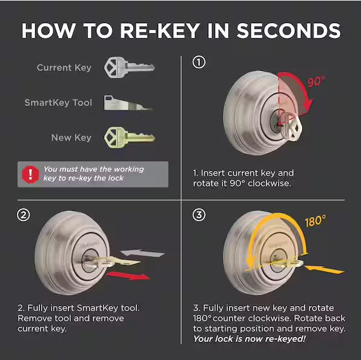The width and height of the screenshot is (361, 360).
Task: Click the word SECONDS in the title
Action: pyautogui.click(x=288, y=31)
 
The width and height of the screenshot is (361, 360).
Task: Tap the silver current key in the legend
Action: pyautogui.click(x=130, y=67)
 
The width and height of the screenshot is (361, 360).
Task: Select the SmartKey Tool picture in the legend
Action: pyautogui.click(x=128, y=102)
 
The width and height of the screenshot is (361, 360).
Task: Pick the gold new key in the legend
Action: pyautogui.click(x=130, y=138)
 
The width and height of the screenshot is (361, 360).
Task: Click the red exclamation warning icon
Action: pyautogui.click(x=30, y=175)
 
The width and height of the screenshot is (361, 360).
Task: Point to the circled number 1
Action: pyautogui.click(x=199, y=62)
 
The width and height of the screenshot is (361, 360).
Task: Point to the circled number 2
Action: pyautogui.click(x=24, y=215)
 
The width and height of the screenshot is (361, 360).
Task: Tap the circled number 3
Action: pyautogui.click(x=199, y=215)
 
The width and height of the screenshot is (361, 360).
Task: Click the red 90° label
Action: pyautogui.click(x=316, y=81)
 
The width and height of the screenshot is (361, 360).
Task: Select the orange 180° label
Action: pyautogui.click(x=316, y=221)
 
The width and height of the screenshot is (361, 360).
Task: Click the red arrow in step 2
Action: pyautogui.click(x=128, y=275)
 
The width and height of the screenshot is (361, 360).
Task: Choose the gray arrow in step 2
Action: pyautogui.click(x=143, y=253)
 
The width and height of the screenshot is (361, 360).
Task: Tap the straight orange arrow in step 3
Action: pyautogui.click(x=325, y=269)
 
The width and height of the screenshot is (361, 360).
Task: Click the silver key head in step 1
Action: pyautogui.click(x=293, y=127)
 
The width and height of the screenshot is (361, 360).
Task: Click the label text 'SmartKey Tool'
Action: pyautogui.click(x=58, y=102)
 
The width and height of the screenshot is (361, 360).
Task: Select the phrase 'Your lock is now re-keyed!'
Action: pyautogui.click(x=250, y=339)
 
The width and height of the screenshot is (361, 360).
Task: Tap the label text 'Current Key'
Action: pyautogui.click(x=64, y=68)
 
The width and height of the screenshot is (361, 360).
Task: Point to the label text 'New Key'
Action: pyautogui.click(x=71, y=138)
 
